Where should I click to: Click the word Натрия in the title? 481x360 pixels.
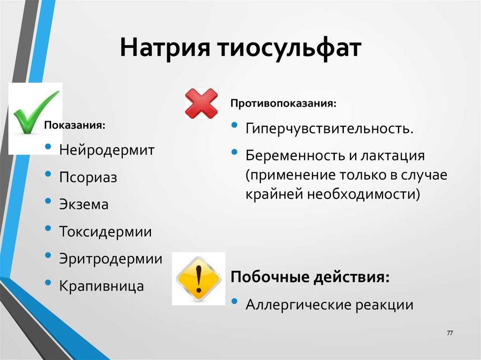(165, 47)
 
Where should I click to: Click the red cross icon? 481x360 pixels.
(202, 104)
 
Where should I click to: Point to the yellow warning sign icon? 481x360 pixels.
(199, 279)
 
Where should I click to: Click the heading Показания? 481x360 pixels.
(75, 125)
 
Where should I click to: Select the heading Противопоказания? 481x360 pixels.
(283, 103)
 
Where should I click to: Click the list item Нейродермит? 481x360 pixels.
(107, 150)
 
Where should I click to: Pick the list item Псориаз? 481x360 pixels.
(88, 177)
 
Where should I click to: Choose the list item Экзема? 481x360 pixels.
(84, 205)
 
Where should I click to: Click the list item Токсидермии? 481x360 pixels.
(106, 231)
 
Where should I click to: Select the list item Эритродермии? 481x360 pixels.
(111, 259)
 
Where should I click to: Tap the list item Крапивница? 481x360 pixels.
(101, 286)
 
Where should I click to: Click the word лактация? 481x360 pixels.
(393, 156)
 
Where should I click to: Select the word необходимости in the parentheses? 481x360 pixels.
(364, 194)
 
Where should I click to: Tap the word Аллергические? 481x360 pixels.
(298, 305)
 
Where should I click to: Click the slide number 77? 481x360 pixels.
(450, 333)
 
